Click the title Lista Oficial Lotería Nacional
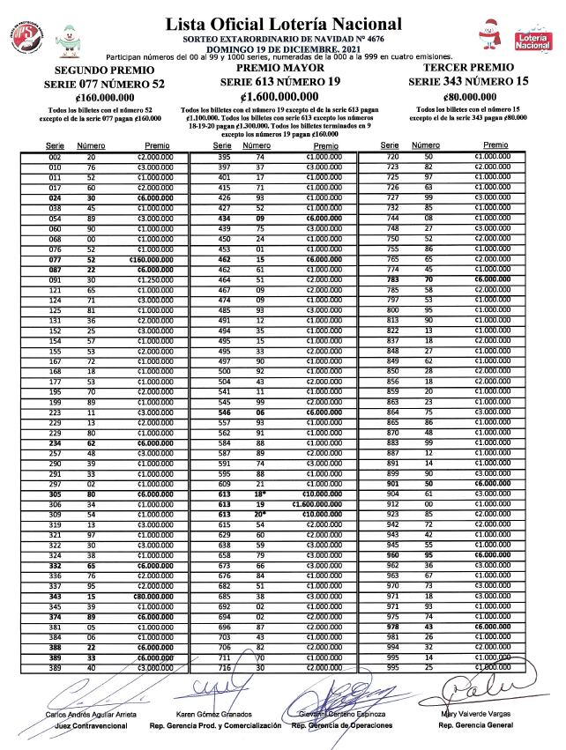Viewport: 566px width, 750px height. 283,24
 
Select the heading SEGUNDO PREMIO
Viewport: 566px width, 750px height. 97,71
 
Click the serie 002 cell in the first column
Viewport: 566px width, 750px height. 55,156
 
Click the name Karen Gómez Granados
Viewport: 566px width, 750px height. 215,714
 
